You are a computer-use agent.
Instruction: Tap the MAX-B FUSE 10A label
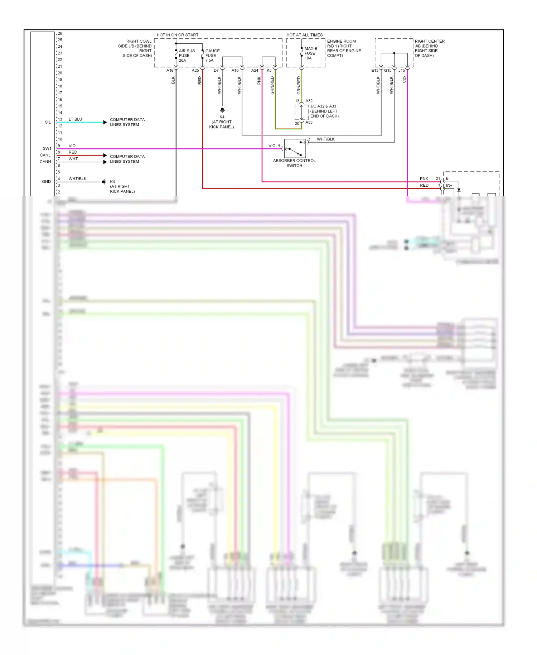click(310, 53)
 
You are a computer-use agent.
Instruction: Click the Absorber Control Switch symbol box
click(295, 148)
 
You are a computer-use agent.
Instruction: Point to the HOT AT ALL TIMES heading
click(304, 35)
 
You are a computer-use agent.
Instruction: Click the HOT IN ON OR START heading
click(177, 35)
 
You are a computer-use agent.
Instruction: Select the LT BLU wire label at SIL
click(75, 119)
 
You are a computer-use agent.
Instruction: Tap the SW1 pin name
click(47, 148)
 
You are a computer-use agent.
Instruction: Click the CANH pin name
click(45, 162)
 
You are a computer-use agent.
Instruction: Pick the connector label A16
click(170, 71)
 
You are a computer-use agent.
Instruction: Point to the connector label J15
click(402, 71)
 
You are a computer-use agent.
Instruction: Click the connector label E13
click(374, 71)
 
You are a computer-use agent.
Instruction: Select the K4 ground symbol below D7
click(222, 110)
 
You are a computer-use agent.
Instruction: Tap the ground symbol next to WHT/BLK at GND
click(105, 182)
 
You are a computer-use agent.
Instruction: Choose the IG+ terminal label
click(449, 186)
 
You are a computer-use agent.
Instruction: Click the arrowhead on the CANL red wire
click(105, 156)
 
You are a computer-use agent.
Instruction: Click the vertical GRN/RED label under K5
click(272, 85)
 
